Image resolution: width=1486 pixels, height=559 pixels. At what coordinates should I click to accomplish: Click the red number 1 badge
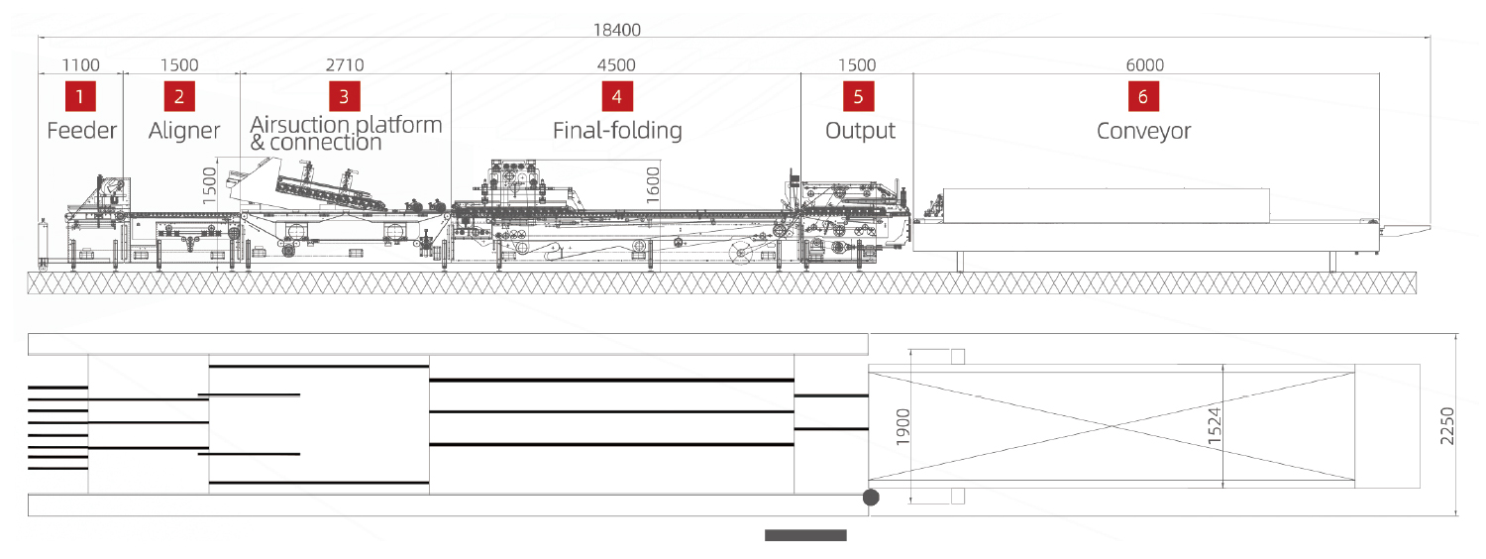click(x=80, y=96)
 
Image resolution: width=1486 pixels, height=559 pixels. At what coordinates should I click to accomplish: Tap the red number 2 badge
click(x=179, y=96)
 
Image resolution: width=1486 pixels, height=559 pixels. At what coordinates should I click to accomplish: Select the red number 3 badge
click(x=345, y=96)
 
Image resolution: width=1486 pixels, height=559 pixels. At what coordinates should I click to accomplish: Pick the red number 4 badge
click(x=617, y=96)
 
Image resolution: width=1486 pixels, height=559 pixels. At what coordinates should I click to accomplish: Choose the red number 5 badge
click(x=859, y=96)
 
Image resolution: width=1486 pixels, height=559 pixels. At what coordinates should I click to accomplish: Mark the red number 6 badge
click(x=1143, y=96)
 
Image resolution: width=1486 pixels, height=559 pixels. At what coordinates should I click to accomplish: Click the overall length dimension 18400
click(x=617, y=30)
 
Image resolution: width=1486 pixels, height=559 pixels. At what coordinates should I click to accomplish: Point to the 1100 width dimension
click(x=81, y=65)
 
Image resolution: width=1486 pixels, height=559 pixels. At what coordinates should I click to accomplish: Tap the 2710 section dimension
click(x=345, y=65)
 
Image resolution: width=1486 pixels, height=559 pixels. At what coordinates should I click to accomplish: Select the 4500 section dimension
click(x=616, y=65)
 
